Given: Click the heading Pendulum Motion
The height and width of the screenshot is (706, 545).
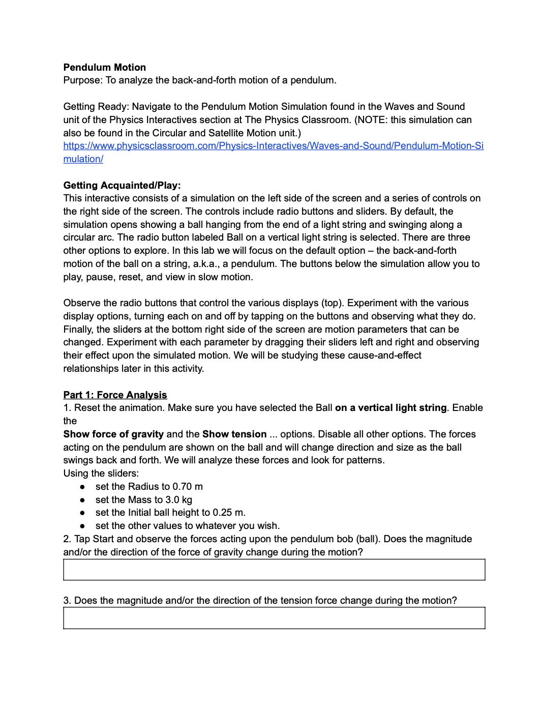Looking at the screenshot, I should coord(104,67).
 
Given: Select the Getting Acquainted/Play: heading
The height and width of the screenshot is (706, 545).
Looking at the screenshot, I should coord(122,185).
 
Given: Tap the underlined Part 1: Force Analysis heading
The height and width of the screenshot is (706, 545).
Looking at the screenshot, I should coord(115,395).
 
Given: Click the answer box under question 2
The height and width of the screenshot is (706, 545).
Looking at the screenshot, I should coord(274,570).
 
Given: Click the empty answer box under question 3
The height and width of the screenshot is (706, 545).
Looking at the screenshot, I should coord(274,618).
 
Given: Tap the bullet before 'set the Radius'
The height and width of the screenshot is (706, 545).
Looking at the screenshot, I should coord(82,487).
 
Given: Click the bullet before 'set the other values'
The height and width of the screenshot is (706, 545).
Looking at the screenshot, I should coord(82,526).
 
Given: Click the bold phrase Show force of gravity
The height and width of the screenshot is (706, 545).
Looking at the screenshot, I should coord(113,434).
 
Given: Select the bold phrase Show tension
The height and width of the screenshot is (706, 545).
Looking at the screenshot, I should coord(234,434).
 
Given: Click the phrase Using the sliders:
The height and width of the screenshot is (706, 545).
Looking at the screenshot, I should coord(101,474).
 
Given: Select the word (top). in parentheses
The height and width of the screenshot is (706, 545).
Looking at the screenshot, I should coord(332,303).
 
